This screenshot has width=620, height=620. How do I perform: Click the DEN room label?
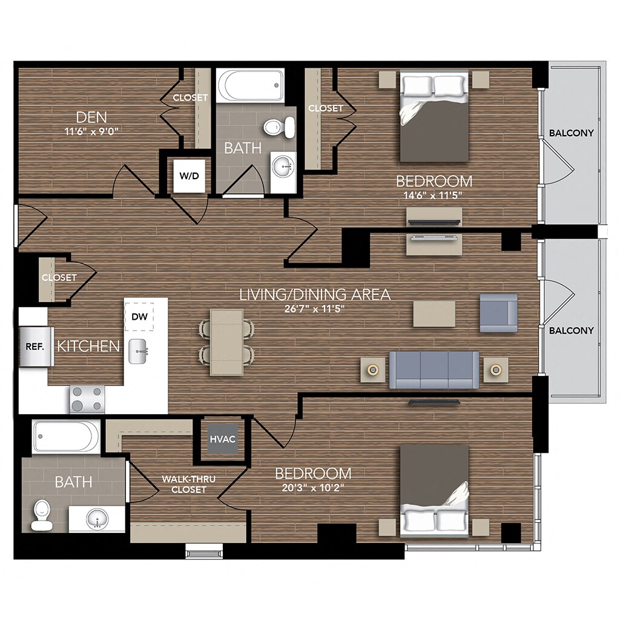91,117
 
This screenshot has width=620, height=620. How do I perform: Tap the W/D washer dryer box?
188,176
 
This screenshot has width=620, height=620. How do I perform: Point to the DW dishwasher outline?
139,316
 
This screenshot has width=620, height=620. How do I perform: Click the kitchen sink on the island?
139,351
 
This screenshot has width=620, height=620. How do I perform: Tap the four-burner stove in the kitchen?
87,398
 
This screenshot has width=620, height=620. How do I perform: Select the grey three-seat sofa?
434,369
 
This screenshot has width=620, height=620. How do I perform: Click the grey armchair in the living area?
498,312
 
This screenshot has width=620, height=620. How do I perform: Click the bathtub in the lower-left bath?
66,437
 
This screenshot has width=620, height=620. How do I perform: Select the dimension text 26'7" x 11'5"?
314,308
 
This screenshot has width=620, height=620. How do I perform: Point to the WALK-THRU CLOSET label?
188,484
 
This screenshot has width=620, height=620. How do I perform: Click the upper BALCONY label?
571,133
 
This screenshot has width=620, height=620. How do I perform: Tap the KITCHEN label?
88,346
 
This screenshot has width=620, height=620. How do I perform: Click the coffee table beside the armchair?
434,314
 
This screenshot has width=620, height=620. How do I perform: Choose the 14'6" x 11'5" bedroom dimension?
434,195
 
